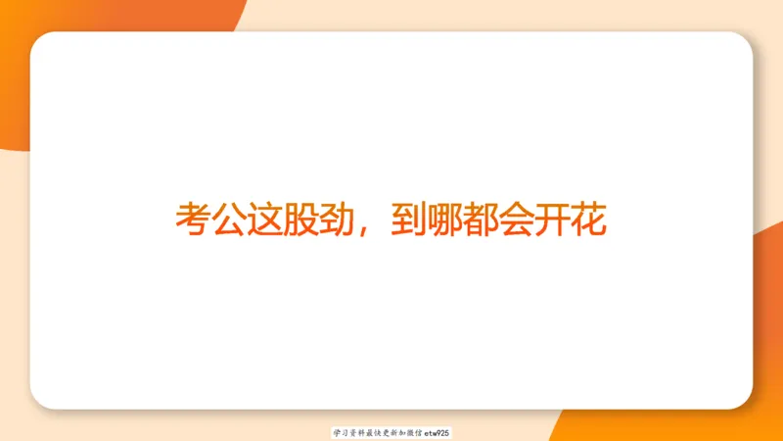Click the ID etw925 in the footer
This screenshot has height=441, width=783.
tap(437, 432)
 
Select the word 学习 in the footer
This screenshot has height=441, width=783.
tap(340, 432)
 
